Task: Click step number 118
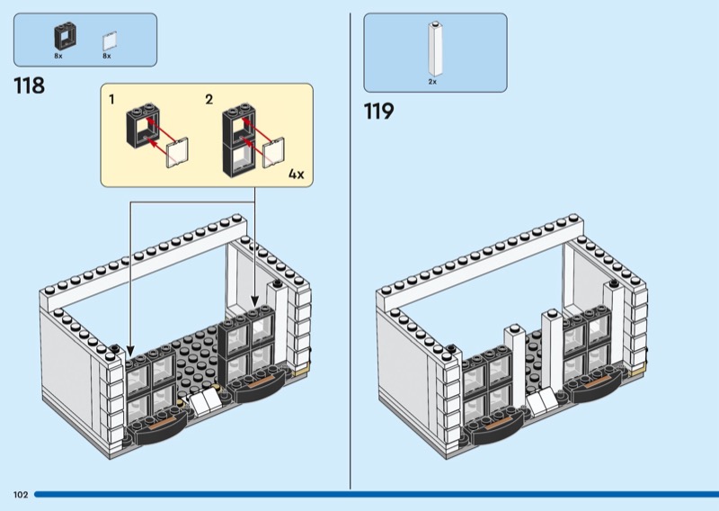(30, 86)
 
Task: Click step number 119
(378, 112)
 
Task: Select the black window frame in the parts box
(63, 37)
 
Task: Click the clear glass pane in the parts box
(109, 40)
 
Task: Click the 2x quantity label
(432, 82)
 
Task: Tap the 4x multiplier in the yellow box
(297, 174)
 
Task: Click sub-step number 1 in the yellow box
(112, 99)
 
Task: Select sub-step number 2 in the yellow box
(209, 99)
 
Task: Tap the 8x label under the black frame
(58, 56)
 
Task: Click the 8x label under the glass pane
(106, 56)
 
